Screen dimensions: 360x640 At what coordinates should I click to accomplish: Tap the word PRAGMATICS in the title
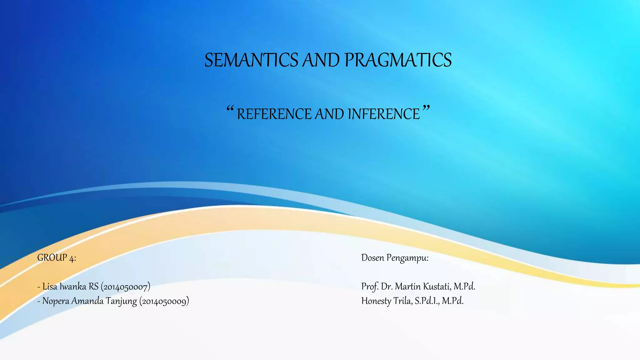pyautogui.click(x=398, y=60)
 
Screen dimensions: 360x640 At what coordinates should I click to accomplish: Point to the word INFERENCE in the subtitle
pyautogui.click(x=384, y=114)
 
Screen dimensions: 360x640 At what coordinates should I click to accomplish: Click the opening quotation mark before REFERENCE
pyautogui.click(x=230, y=109)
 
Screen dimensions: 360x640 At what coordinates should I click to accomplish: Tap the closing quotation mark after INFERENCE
pyautogui.click(x=426, y=109)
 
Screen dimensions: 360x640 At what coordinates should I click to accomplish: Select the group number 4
pyautogui.click(x=72, y=258)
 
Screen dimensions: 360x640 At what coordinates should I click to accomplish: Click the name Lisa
pyautogui.click(x=50, y=286)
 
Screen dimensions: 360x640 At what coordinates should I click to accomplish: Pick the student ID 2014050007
pyautogui.click(x=125, y=287)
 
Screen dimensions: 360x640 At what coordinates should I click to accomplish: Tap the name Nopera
pyautogui.click(x=56, y=301)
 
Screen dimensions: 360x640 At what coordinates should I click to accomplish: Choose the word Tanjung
pyautogui.click(x=121, y=301)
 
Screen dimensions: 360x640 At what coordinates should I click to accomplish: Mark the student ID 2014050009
pyautogui.click(x=164, y=301)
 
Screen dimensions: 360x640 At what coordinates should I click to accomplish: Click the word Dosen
pyautogui.click(x=372, y=258)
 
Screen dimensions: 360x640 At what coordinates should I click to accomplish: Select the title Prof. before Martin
pyautogui.click(x=370, y=286)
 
